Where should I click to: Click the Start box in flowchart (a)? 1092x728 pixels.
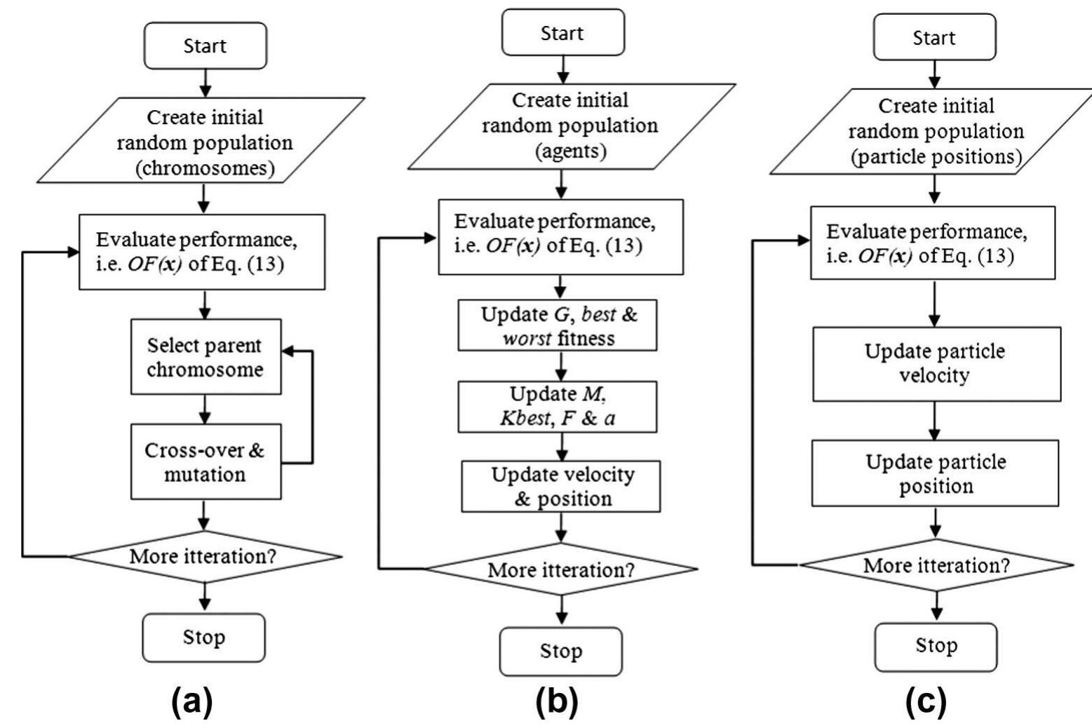[x=205, y=46]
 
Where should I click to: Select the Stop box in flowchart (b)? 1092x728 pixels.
[x=560, y=651]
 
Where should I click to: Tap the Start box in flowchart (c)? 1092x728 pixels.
[x=933, y=37]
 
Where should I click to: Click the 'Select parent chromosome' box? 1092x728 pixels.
[x=205, y=357]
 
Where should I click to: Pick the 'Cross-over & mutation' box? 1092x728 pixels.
[x=205, y=461]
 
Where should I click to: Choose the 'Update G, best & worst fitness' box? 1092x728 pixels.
[x=558, y=326]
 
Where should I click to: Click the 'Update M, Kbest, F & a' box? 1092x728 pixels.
[x=558, y=407]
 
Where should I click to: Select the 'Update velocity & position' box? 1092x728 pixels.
[x=560, y=486]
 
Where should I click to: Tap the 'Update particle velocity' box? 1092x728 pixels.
[x=936, y=363]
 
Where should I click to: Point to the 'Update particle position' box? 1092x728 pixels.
[x=935, y=473]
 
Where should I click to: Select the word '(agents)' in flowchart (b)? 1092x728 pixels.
[x=570, y=151]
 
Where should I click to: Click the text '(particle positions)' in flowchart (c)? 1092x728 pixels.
[x=936, y=156]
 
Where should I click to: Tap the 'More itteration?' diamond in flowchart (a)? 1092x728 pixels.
[x=204, y=557]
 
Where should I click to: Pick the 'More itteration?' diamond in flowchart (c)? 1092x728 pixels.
[x=936, y=565]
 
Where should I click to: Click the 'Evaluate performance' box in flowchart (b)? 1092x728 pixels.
[x=560, y=236]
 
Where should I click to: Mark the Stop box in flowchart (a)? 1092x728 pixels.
[x=204, y=638]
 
